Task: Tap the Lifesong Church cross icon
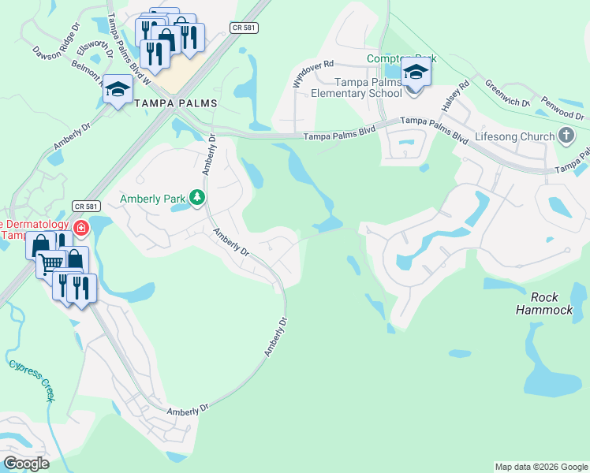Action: click(566, 136)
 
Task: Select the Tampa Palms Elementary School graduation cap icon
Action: click(416, 73)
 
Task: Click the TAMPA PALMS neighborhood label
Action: click(175, 103)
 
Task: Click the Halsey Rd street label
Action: click(457, 95)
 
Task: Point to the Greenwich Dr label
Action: click(508, 92)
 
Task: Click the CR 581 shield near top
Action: click(244, 28)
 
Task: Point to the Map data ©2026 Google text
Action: click(540, 467)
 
